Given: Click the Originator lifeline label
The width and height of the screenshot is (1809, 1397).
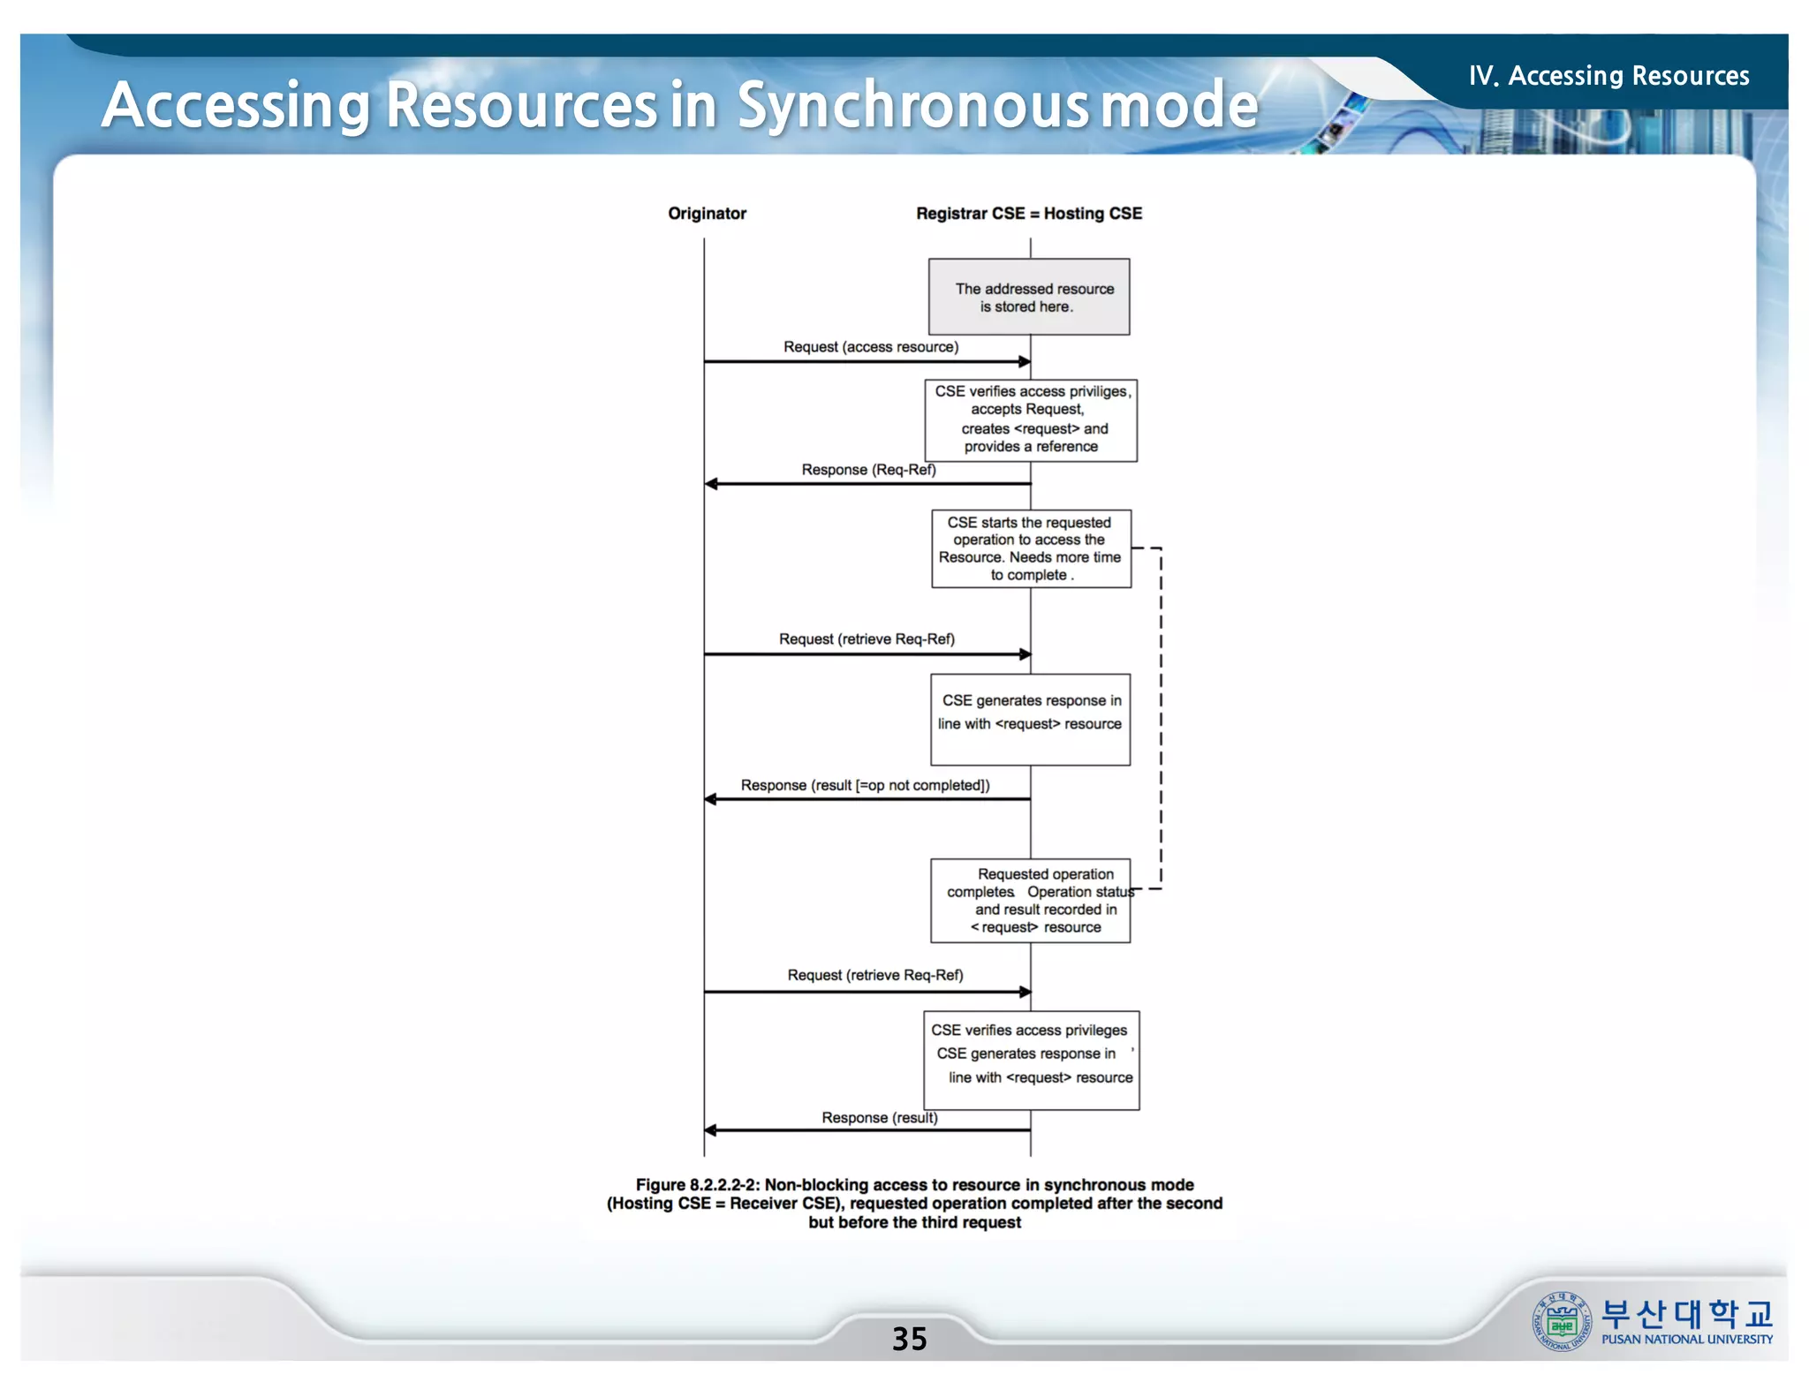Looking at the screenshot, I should pyautogui.click(x=707, y=214).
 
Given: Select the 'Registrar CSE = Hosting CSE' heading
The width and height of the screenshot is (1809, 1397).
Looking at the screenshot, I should pyautogui.click(x=1028, y=214).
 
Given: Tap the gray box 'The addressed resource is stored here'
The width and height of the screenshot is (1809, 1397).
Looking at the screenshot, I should pyautogui.click(x=1029, y=297).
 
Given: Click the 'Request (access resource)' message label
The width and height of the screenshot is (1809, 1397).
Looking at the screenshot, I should pyautogui.click(x=870, y=347).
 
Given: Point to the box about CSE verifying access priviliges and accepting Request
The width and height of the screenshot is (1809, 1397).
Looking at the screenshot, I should pyautogui.click(x=1031, y=420).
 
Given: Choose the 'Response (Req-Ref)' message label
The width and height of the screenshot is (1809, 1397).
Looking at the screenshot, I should pyautogui.click(x=868, y=470).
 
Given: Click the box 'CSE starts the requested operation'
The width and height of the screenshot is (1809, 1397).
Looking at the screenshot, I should pyautogui.click(x=1031, y=548).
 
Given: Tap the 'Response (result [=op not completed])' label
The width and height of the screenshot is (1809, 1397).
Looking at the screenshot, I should pyautogui.click(x=865, y=785).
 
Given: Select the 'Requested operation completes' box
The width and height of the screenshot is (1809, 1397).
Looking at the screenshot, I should pyautogui.click(x=1030, y=901).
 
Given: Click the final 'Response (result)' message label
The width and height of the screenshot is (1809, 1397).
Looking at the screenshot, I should pyautogui.click(x=879, y=1118).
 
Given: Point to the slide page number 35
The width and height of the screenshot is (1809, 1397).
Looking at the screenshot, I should pyautogui.click(x=909, y=1339).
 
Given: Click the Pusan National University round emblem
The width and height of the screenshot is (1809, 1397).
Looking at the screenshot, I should pyautogui.click(x=1561, y=1321).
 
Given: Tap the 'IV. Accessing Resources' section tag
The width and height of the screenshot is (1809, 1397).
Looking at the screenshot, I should pyautogui.click(x=1608, y=76).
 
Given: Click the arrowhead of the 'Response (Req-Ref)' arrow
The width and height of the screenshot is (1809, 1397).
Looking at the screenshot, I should pyautogui.click(x=711, y=484).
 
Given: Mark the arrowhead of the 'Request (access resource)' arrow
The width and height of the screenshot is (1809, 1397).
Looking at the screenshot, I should pyautogui.click(x=1025, y=361).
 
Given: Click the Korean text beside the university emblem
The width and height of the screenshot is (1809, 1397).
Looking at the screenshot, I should pyautogui.click(x=1686, y=1314).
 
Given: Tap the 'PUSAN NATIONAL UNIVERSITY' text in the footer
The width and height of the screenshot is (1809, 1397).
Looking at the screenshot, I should pyautogui.click(x=1686, y=1340).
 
